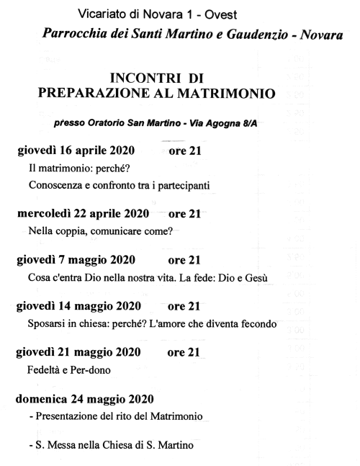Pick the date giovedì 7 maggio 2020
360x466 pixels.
73,260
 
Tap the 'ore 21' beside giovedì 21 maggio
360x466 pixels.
184,353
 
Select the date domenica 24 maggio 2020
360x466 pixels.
84,399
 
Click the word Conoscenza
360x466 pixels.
56,185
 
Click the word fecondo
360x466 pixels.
257,323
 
